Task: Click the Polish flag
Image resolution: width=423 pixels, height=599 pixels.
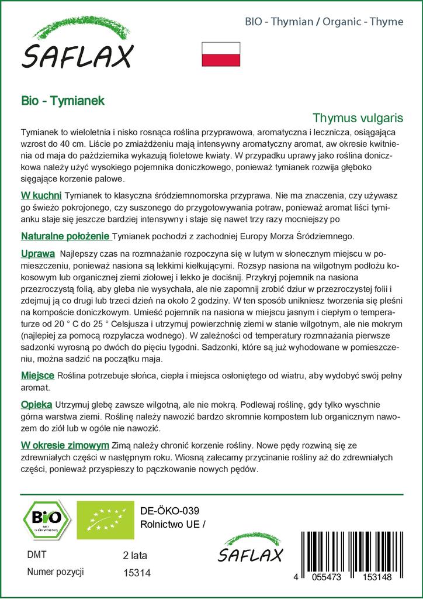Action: coord(220,53)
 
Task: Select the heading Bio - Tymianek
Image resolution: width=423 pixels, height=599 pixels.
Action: coord(63,101)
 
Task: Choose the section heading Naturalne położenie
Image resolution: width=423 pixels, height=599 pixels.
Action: coord(65,236)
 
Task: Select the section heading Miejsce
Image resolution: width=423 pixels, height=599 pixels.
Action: coord(37,375)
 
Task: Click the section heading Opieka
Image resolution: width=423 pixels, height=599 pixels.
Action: coord(37,404)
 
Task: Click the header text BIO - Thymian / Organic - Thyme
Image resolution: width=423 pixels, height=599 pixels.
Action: coord(324,22)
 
